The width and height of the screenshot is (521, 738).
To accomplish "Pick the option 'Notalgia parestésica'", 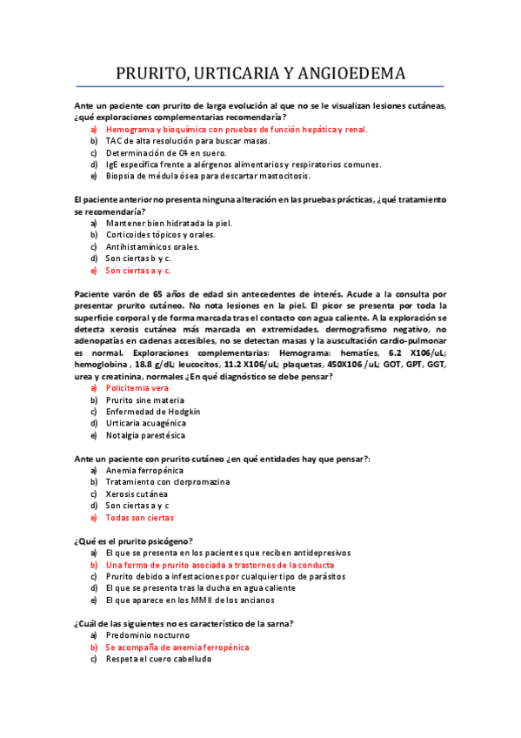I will (x=145, y=435).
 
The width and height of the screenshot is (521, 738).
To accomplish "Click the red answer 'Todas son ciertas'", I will (x=139, y=518).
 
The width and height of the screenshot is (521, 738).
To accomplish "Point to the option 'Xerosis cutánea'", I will (x=137, y=493).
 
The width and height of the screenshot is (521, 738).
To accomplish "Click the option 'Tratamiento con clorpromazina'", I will (x=167, y=482).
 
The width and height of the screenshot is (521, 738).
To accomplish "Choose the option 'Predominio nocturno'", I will (x=147, y=635).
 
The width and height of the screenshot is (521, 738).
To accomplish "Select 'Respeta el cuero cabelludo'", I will (x=157, y=659).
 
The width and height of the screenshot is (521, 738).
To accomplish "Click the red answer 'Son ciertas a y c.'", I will (x=138, y=271).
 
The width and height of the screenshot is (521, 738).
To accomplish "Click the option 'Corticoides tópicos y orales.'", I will (x=160, y=235).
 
